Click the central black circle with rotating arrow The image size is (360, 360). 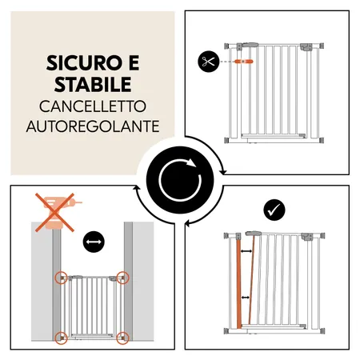pyautogui.click(x=180, y=180)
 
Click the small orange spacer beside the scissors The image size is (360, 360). pyautogui.click(x=246, y=61)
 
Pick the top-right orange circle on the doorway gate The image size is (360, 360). pyautogui.click(x=122, y=278)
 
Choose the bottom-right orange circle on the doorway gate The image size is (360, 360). pyautogui.click(x=122, y=337)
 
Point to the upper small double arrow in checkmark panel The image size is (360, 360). pyautogui.click(x=247, y=251)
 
